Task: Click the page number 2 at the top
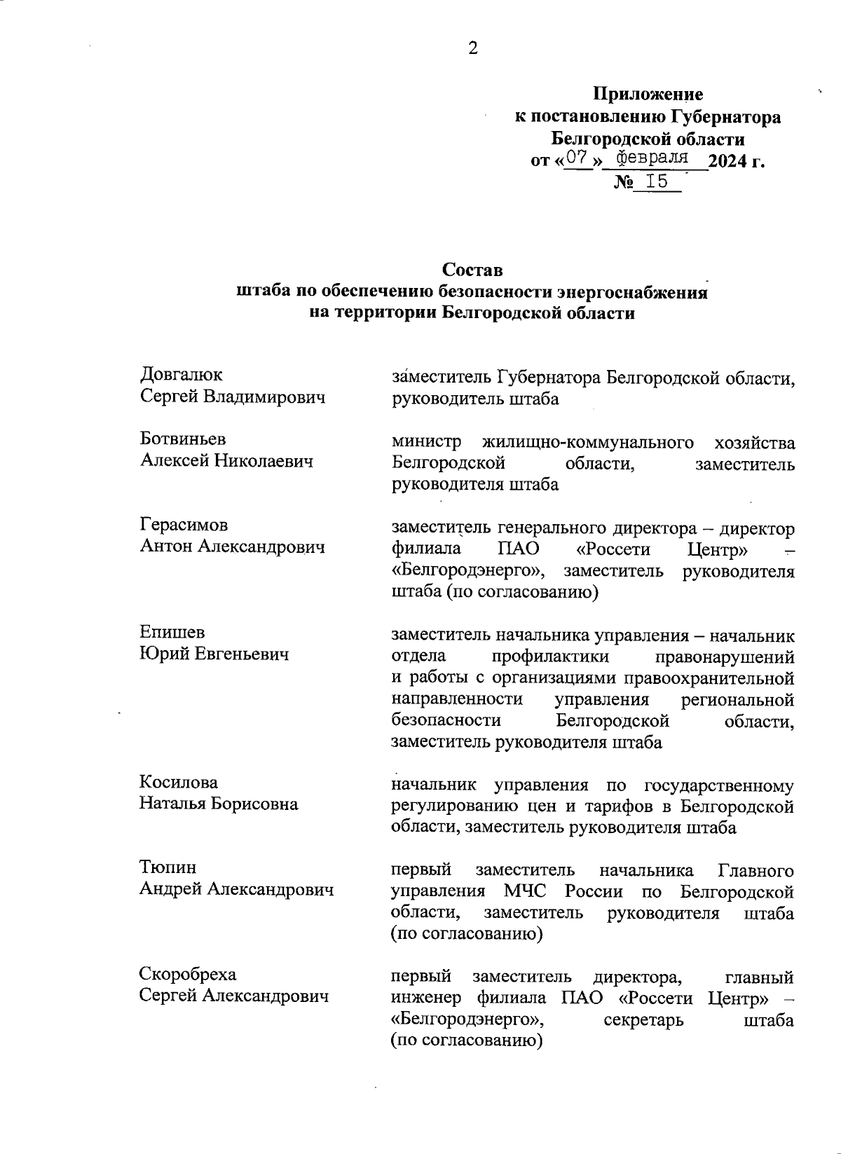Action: click(x=473, y=48)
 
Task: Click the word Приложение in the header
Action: click(x=648, y=94)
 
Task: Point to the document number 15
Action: click(x=657, y=182)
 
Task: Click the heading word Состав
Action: click(x=472, y=269)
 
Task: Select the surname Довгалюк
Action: click(x=182, y=375)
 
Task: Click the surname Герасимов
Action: click(x=184, y=525)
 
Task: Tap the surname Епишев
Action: click(x=172, y=632)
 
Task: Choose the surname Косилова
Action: click(x=179, y=782)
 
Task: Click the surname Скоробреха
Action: click(x=188, y=974)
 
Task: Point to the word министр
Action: click(x=427, y=442)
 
